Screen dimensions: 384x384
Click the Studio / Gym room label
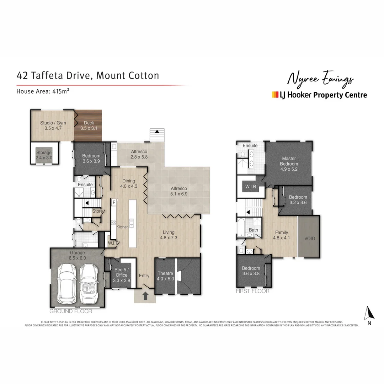[x=53, y=126]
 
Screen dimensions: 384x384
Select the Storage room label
[x=44, y=155]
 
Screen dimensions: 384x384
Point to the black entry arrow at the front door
[x=145, y=296]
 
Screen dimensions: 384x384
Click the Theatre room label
[x=165, y=276]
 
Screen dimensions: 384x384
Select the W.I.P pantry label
[x=113, y=243]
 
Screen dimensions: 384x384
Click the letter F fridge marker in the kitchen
[x=114, y=203]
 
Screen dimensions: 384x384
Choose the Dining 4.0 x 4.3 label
[x=128, y=183]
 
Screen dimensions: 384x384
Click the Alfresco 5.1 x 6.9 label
[x=178, y=191]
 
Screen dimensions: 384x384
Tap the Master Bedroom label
[x=289, y=164]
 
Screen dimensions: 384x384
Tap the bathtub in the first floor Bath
[x=242, y=228]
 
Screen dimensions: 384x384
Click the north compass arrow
[x=370, y=313]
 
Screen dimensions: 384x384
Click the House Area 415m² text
[x=43, y=91]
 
